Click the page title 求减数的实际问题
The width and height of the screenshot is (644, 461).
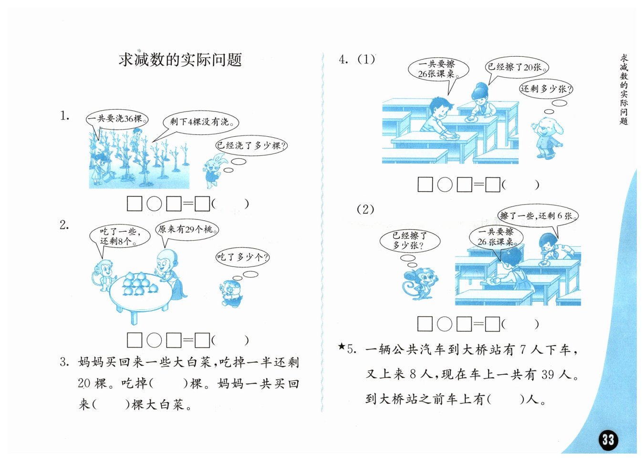(180, 60)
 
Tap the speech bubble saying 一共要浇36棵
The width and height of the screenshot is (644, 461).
(117, 119)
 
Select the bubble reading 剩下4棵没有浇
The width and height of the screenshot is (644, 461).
(201, 122)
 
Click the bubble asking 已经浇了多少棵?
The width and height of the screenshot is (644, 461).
(251, 145)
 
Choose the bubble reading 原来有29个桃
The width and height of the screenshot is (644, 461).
(187, 229)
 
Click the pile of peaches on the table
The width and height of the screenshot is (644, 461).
(140, 284)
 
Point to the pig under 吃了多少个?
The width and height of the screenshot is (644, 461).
(232, 294)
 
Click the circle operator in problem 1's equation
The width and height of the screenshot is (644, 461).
(155, 204)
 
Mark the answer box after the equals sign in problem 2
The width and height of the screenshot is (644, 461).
(202, 341)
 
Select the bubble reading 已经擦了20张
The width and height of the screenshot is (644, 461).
(517, 68)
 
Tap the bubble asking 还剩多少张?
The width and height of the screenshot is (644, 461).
(546, 89)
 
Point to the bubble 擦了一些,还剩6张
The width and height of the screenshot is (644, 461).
(538, 215)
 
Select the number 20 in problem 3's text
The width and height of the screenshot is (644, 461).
(84, 383)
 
